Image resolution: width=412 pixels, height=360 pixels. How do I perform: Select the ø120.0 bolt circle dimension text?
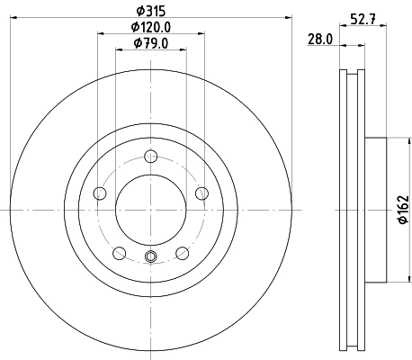[150, 28]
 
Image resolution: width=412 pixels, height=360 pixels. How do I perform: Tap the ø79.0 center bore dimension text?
[150, 43]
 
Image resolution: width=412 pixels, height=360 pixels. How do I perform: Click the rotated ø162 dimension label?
[402, 210]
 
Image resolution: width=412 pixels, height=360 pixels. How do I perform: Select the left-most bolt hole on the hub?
[101, 193]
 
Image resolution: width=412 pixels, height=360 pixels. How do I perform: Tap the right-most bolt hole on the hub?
[201, 193]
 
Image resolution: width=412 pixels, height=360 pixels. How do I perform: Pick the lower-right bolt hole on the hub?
[182, 252]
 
